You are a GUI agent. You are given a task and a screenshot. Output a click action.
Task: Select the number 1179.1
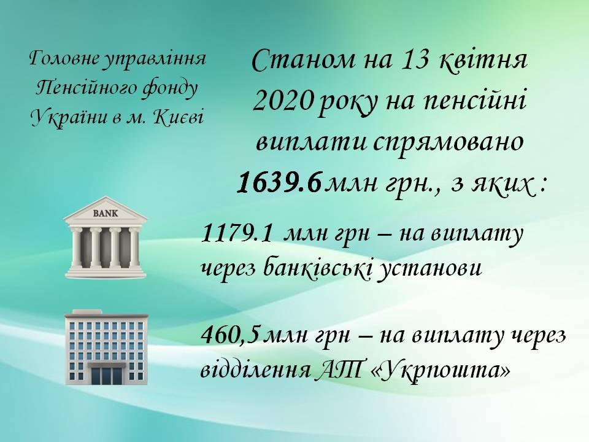(x=237, y=233)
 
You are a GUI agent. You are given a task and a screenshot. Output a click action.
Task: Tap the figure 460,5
(x=230, y=335)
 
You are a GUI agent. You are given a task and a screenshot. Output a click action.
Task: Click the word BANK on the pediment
(x=105, y=214)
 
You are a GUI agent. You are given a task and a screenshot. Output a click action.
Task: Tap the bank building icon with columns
(x=105, y=238)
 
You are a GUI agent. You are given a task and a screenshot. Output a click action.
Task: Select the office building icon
(x=106, y=347)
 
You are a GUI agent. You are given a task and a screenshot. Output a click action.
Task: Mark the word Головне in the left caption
(x=64, y=60)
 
